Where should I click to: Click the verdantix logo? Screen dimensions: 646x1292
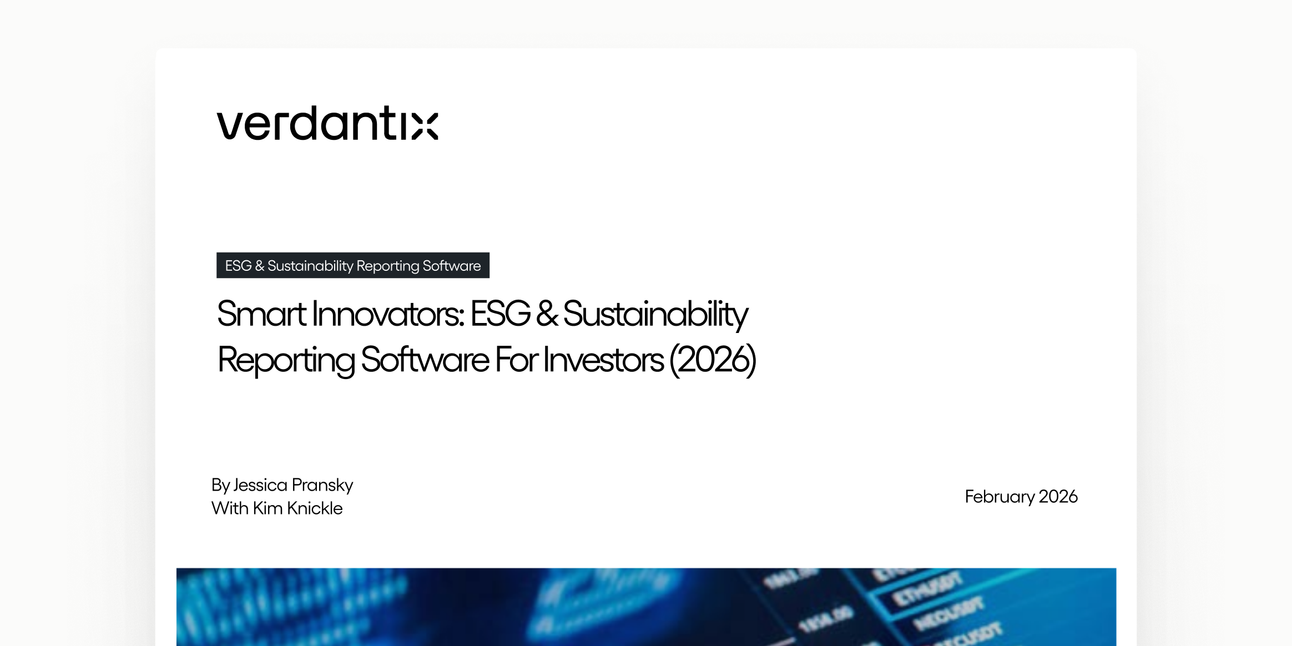(x=327, y=123)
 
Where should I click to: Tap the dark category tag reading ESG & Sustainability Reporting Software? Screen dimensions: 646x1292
(x=353, y=266)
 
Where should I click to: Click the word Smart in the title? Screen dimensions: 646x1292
(x=261, y=314)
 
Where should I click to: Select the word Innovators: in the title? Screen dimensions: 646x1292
(x=388, y=314)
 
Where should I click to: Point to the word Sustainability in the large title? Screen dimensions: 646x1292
(x=655, y=314)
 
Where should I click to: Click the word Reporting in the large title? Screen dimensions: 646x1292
(x=286, y=360)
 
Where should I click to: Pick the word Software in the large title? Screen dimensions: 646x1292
(x=425, y=360)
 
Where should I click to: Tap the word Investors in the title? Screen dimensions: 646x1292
(x=603, y=360)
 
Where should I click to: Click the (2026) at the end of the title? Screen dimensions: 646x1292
(x=713, y=360)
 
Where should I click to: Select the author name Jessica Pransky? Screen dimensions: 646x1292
(x=293, y=485)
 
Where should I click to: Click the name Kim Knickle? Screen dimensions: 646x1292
(x=297, y=508)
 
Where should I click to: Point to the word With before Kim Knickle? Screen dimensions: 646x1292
(x=230, y=508)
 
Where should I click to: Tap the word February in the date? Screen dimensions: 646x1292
(x=999, y=497)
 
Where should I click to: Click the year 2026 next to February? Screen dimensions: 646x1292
(x=1058, y=497)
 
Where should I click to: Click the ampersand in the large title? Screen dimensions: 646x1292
(x=547, y=314)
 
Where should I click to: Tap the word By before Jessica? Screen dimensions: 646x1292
(x=220, y=485)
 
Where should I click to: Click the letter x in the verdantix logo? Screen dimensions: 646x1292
(x=425, y=126)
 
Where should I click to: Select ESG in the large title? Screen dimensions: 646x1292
(x=500, y=314)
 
